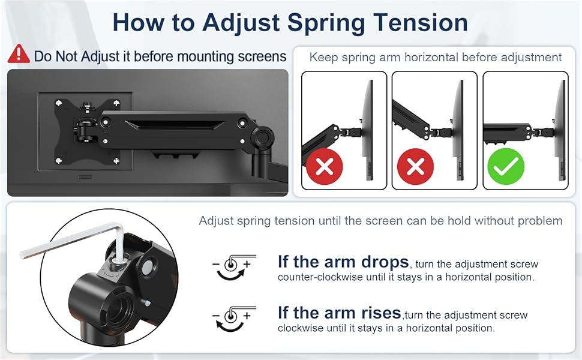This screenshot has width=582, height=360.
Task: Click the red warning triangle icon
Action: point(19,54)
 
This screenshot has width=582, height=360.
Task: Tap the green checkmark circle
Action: point(506,166)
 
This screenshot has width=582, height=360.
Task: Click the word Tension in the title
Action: point(421,23)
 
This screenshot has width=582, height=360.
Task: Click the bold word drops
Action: point(385,262)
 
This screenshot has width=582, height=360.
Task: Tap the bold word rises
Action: point(376,313)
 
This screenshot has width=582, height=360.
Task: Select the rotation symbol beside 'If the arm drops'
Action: point(234,267)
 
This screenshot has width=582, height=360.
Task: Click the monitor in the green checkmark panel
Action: point(561,130)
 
